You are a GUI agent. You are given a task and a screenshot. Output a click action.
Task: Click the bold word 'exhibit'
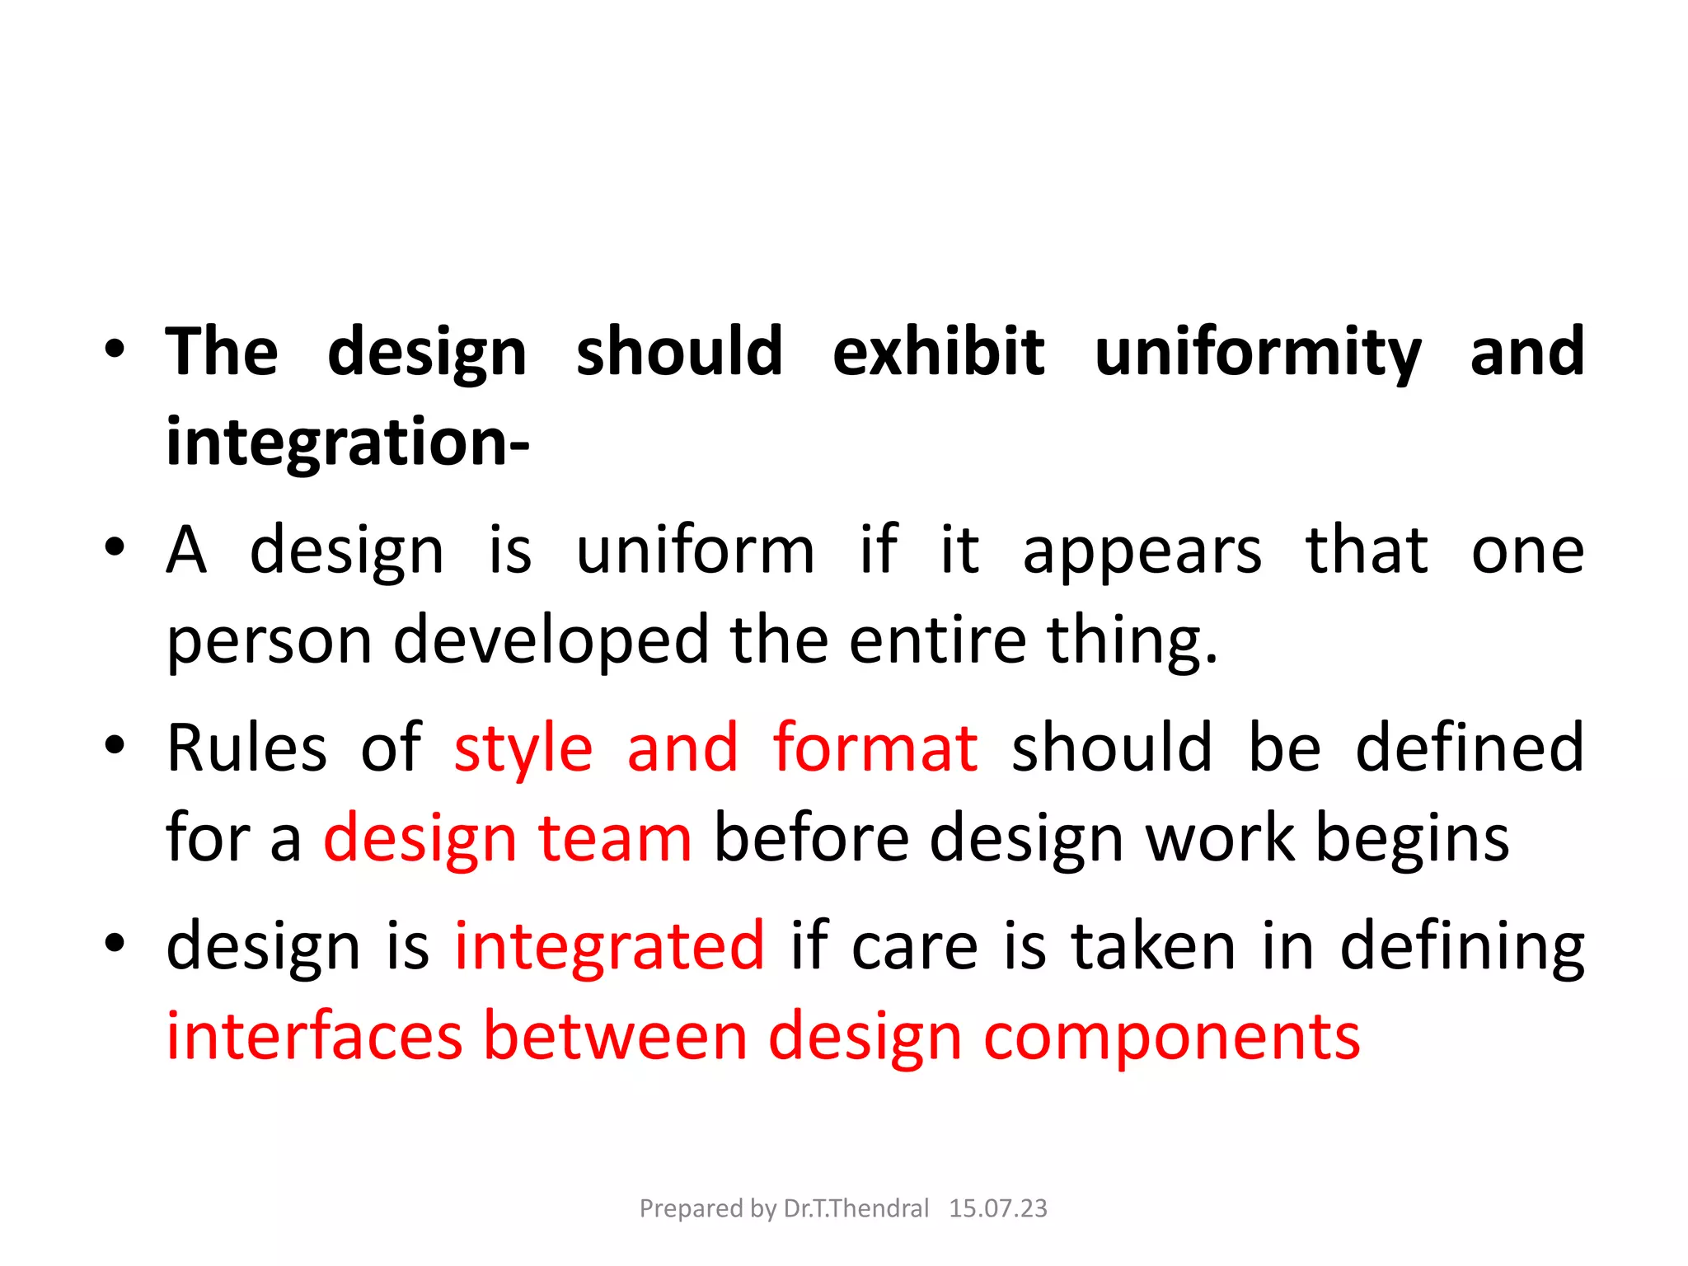938,352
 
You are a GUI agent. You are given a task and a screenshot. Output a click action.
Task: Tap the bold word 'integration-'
347,443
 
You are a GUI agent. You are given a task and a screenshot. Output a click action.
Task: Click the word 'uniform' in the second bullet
695,551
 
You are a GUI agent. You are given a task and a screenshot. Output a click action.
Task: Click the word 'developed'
551,640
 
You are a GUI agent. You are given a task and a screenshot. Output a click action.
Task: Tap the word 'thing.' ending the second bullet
1132,642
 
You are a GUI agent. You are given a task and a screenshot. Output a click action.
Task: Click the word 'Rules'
246,748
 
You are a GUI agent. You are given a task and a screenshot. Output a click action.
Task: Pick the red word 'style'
523,749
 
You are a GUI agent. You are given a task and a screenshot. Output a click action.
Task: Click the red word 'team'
615,838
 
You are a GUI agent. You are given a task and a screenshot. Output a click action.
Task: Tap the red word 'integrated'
610,947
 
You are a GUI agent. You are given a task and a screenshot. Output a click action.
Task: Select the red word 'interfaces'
314,1036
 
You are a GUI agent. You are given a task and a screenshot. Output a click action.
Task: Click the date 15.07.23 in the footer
997,1208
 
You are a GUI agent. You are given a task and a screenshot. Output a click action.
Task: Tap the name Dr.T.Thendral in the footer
856,1208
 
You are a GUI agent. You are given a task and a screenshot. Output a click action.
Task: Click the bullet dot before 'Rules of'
115,745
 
